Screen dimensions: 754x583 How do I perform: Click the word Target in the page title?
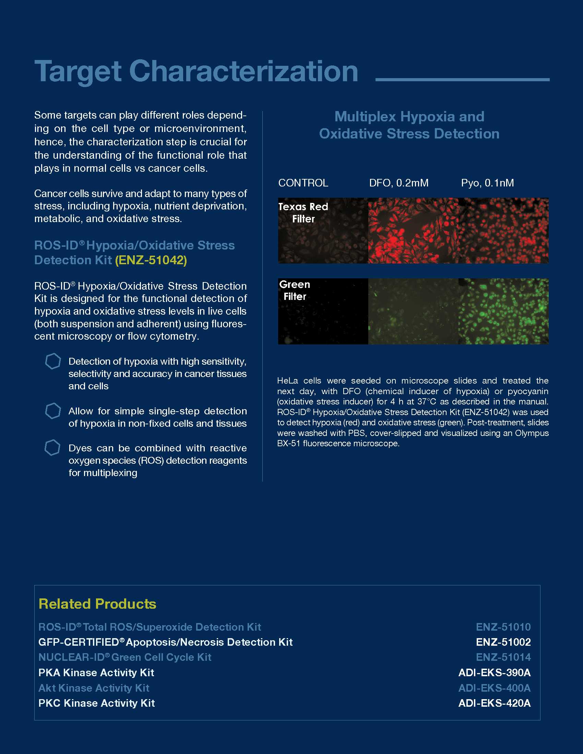point(78,72)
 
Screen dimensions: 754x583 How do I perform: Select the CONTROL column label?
point(303,183)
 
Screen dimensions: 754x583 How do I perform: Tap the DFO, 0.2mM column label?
point(398,183)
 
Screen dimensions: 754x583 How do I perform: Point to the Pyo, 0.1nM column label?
point(487,183)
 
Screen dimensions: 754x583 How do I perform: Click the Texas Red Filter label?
point(303,213)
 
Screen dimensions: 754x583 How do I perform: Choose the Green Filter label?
point(295,290)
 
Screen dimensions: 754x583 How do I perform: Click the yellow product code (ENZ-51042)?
point(151,260)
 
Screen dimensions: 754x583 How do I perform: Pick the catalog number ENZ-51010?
point(503,627)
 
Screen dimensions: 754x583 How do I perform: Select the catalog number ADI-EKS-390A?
point(494,672)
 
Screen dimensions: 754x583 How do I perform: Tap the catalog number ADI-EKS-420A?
point(494,703)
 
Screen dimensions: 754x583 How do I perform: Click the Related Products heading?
point(97,604)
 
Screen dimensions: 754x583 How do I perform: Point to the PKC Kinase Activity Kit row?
point(97,703)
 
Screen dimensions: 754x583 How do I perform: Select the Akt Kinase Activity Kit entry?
point(94,688)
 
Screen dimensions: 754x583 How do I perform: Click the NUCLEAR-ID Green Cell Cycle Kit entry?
point(125,657)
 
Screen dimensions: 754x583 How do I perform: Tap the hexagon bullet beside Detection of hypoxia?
point(53,361)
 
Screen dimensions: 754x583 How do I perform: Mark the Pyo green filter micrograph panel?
point(503,311)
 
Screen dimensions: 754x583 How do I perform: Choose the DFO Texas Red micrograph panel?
point(413,231)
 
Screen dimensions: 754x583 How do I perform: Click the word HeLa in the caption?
point(287,381)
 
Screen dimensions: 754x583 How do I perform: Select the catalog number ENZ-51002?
point(503,642)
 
